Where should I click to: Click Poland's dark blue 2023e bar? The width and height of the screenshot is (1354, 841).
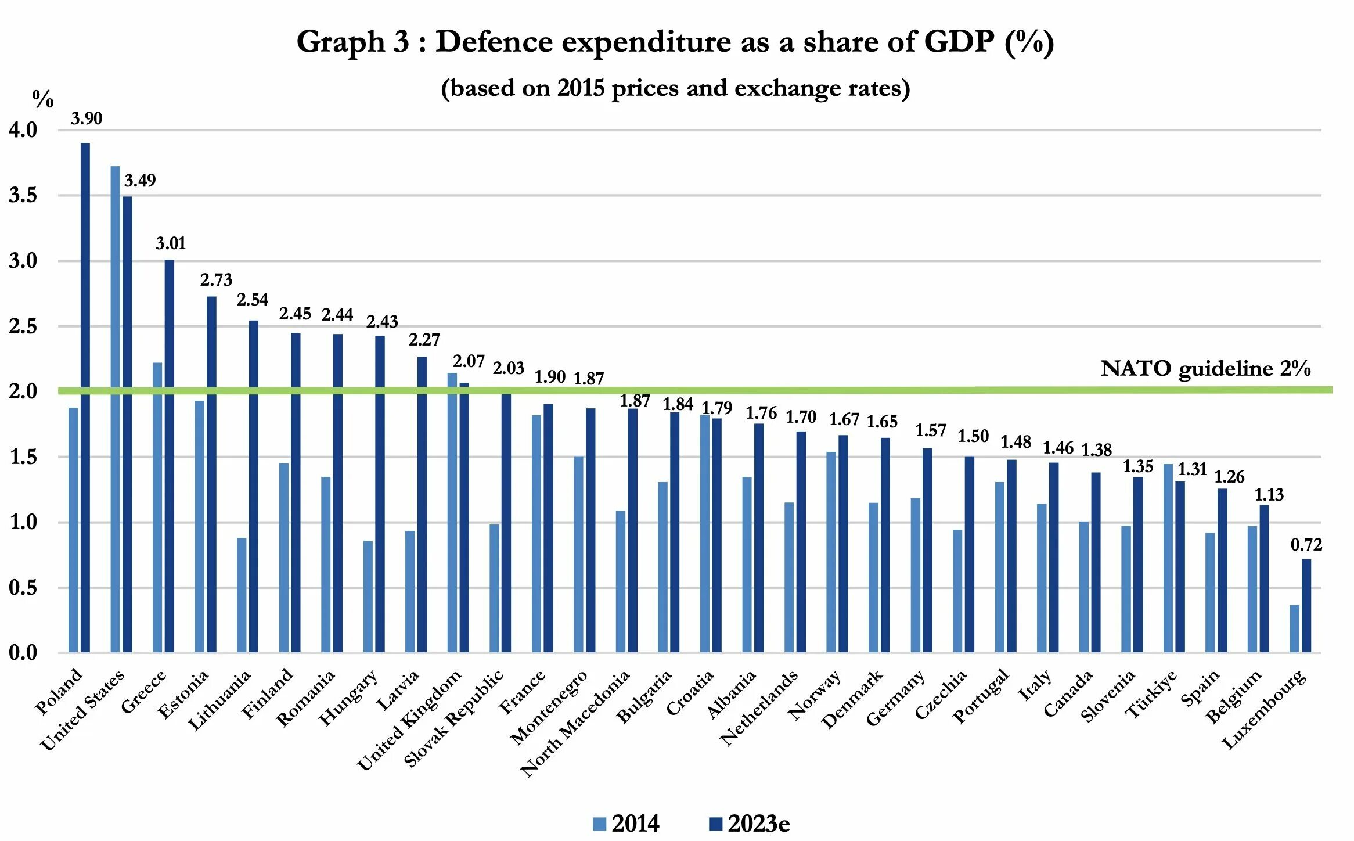click(85, 398)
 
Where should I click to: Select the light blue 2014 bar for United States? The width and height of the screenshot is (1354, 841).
click(115, 409)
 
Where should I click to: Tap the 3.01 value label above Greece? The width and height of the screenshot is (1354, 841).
click(171, 243)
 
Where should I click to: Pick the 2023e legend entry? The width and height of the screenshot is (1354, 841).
click(749, 824)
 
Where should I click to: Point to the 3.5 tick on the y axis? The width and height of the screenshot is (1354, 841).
click(23, 195)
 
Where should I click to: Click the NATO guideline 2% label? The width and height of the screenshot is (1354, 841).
click(1205, 368)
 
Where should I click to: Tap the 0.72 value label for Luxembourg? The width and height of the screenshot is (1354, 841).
click(1306, 545)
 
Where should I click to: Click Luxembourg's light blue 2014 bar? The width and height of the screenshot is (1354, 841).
click(1294, 628)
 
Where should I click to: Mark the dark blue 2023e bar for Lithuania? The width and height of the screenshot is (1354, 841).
click(254, 486)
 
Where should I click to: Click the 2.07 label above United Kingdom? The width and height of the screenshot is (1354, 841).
click(469, 361)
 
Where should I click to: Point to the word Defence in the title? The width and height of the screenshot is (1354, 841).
click(494, 42)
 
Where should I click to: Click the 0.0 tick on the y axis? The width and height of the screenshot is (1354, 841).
click(23, 653)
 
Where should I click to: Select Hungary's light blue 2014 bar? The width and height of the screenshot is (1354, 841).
click(368, 596)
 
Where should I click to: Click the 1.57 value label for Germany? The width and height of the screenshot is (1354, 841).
click(931, 430)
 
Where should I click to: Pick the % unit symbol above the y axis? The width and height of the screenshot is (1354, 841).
click(43, 99)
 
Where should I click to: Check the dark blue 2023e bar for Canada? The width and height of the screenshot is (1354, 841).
click(1096, 562)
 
